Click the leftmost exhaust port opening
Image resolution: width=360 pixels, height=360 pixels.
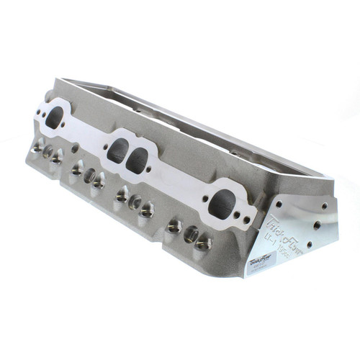[x=55, y=117]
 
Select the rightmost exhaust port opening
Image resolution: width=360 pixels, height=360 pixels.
[x=222, y=204]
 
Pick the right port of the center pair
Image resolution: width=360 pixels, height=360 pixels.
[x=138, y=160]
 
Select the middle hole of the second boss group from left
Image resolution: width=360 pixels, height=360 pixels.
[x=89, y=175]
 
